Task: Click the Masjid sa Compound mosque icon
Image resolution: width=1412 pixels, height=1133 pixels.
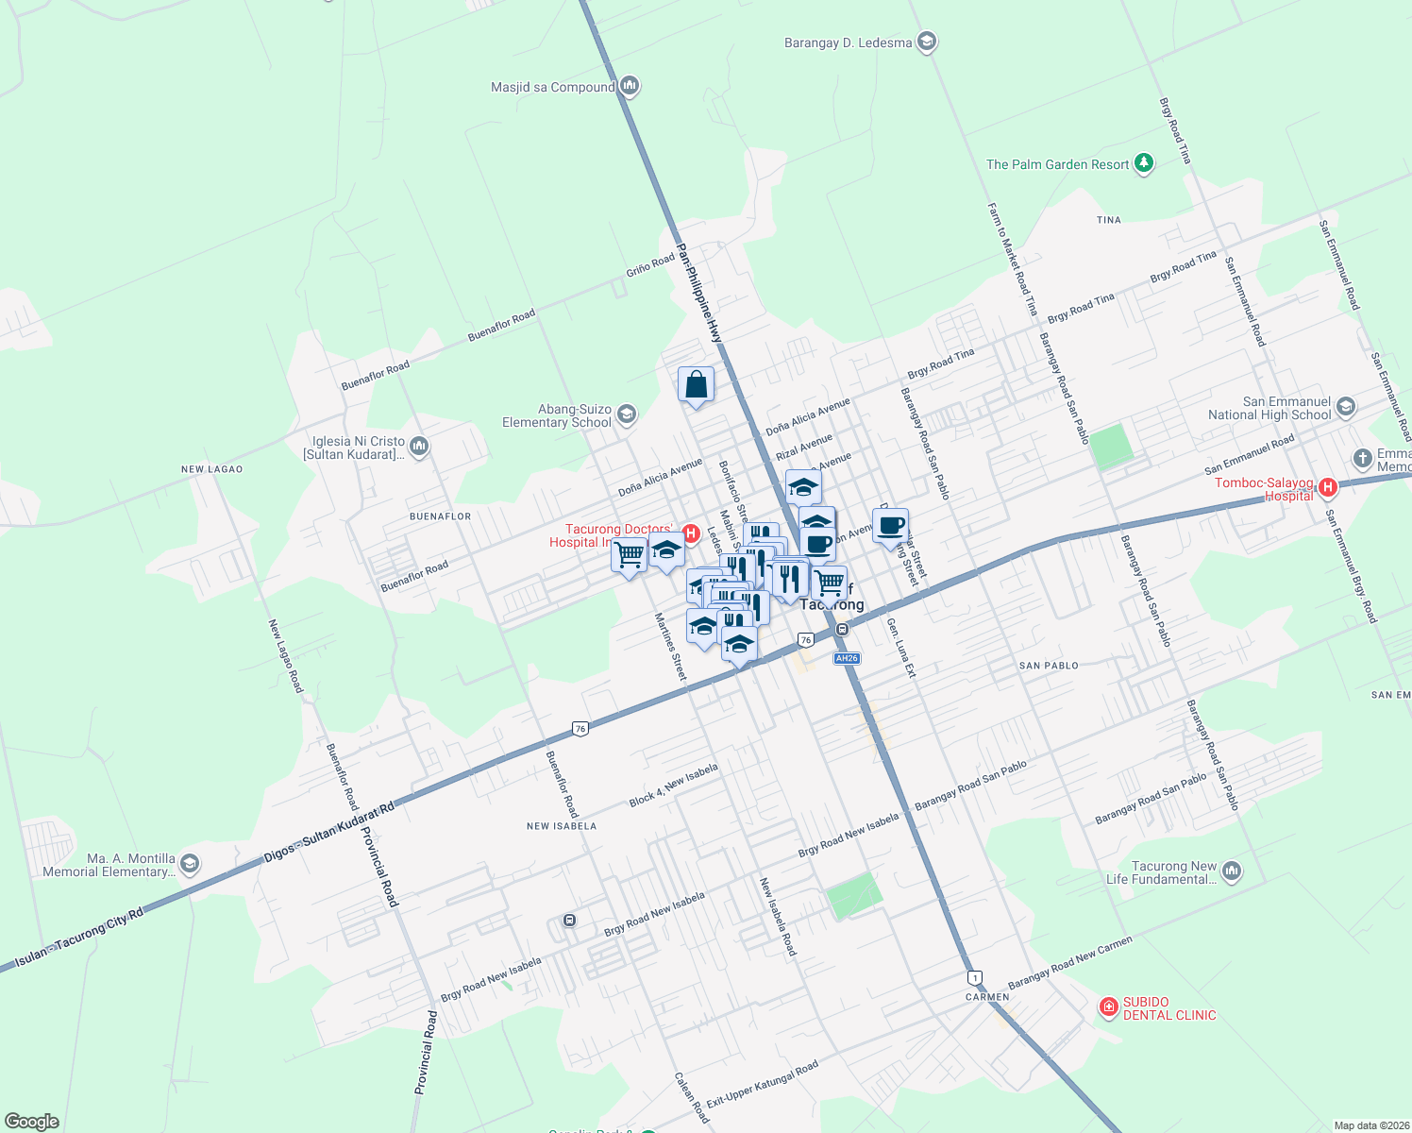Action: [x=630, y=87]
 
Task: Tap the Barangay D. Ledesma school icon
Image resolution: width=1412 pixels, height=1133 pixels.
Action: [x=927, y=42]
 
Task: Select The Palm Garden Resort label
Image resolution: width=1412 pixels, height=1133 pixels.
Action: [x=1057, y=164]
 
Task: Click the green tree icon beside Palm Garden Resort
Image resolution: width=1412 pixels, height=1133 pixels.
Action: [x=1144, y=164]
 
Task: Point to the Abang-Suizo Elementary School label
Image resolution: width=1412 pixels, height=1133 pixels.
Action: [x=557, y=415]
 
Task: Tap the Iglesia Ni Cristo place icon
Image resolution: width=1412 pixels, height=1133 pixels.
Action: [x=419, y=447]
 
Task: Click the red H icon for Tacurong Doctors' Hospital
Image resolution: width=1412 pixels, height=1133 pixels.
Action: [x=690, y=534]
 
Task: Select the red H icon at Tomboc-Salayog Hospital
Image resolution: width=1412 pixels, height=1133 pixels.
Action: [x=1328, y=488]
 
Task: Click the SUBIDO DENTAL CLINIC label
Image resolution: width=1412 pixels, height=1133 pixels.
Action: [x=1169, y=1008]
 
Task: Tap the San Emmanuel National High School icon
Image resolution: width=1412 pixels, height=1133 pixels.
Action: [x=1346, y=407]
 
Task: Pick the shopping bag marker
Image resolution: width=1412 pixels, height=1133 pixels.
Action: [x=696, y=385]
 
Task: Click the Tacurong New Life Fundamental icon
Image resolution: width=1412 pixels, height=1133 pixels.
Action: [x=1231, y=871]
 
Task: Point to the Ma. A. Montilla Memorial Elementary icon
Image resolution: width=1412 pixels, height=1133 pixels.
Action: [x=190, y=864]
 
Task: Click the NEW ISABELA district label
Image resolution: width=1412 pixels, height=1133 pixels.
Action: [x=562, y=826]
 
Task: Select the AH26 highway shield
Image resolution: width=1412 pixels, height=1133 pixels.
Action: [x=847, y=659]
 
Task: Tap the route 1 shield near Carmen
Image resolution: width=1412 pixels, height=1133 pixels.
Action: [x=974, y=977]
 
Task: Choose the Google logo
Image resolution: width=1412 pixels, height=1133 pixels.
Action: [x=32, y=1122]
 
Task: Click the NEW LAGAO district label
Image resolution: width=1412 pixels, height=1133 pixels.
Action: [x=212, y=469]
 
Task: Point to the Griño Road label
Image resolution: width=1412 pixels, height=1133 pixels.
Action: [x=650, y=265]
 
